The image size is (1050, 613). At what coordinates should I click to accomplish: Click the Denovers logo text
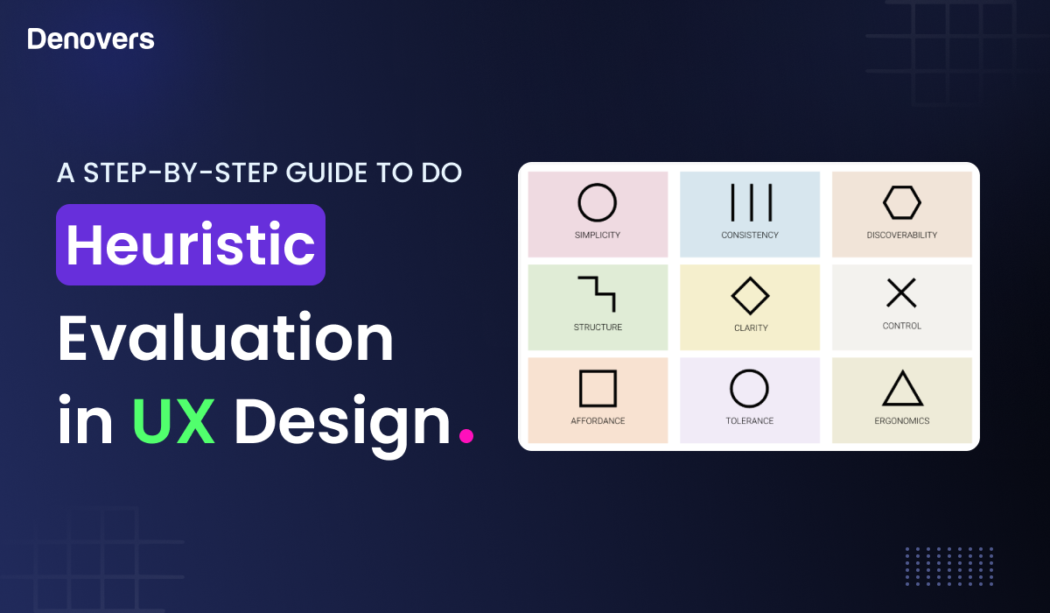(91, 39)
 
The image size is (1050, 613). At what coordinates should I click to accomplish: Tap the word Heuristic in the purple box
(191, 245)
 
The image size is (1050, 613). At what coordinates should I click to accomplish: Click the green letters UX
(173, 421)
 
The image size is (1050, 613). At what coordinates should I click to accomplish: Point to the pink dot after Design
(466, 435)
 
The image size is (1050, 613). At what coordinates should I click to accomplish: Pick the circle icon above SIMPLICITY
(598, 202)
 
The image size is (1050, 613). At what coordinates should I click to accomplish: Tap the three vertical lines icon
(750, 202)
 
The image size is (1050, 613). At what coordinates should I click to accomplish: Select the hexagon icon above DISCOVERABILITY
(902, 203)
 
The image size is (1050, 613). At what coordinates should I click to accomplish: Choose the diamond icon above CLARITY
(750, 295)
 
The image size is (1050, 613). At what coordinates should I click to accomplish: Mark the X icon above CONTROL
(901, 293)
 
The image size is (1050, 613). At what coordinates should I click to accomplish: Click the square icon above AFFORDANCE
(598, 388)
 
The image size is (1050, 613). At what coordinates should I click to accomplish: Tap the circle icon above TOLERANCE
(749, 388)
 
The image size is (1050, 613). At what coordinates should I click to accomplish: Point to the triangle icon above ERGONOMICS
(902, 388)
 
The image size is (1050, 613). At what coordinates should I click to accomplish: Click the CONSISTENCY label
(750, 236)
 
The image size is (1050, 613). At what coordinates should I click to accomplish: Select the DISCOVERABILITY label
(902, 236)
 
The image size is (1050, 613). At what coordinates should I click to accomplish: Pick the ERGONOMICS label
(902, 421)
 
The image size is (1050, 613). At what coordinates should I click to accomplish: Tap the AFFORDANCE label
(598, 421)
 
